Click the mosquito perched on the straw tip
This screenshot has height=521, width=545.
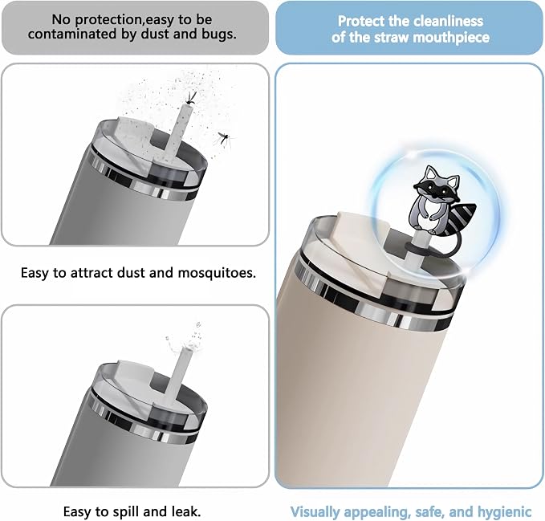pos(190,99)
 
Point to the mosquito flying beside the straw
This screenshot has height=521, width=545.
pos(223,139)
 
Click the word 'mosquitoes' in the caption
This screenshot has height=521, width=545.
pos(217,273)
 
